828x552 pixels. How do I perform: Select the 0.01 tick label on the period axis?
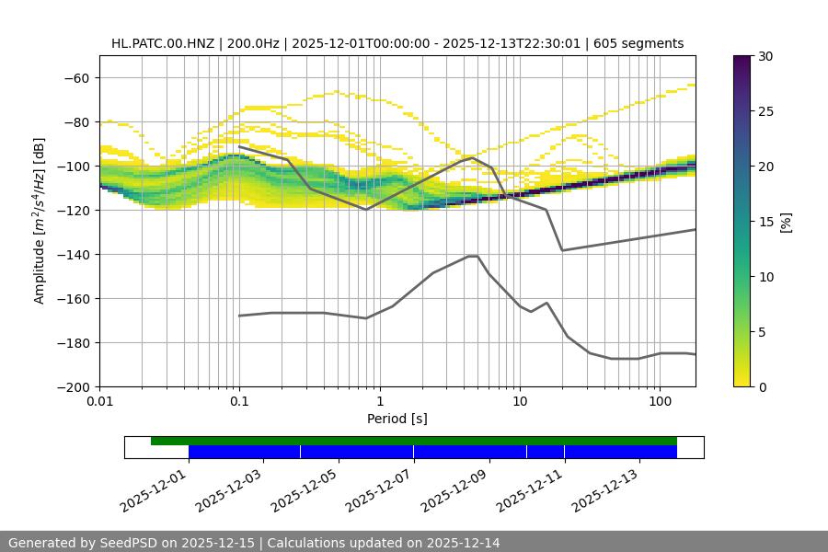99,402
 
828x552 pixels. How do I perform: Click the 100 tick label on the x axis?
660,402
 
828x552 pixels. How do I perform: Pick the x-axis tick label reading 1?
380,402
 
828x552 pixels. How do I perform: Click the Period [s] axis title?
397,419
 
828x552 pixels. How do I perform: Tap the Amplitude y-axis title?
40,221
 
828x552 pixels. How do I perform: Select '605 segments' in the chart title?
641,43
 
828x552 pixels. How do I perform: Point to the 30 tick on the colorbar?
765,56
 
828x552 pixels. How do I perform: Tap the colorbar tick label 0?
762,386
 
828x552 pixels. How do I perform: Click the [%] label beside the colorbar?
786,222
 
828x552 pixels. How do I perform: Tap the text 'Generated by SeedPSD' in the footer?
80,543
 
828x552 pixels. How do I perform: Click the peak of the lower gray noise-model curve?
473,256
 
